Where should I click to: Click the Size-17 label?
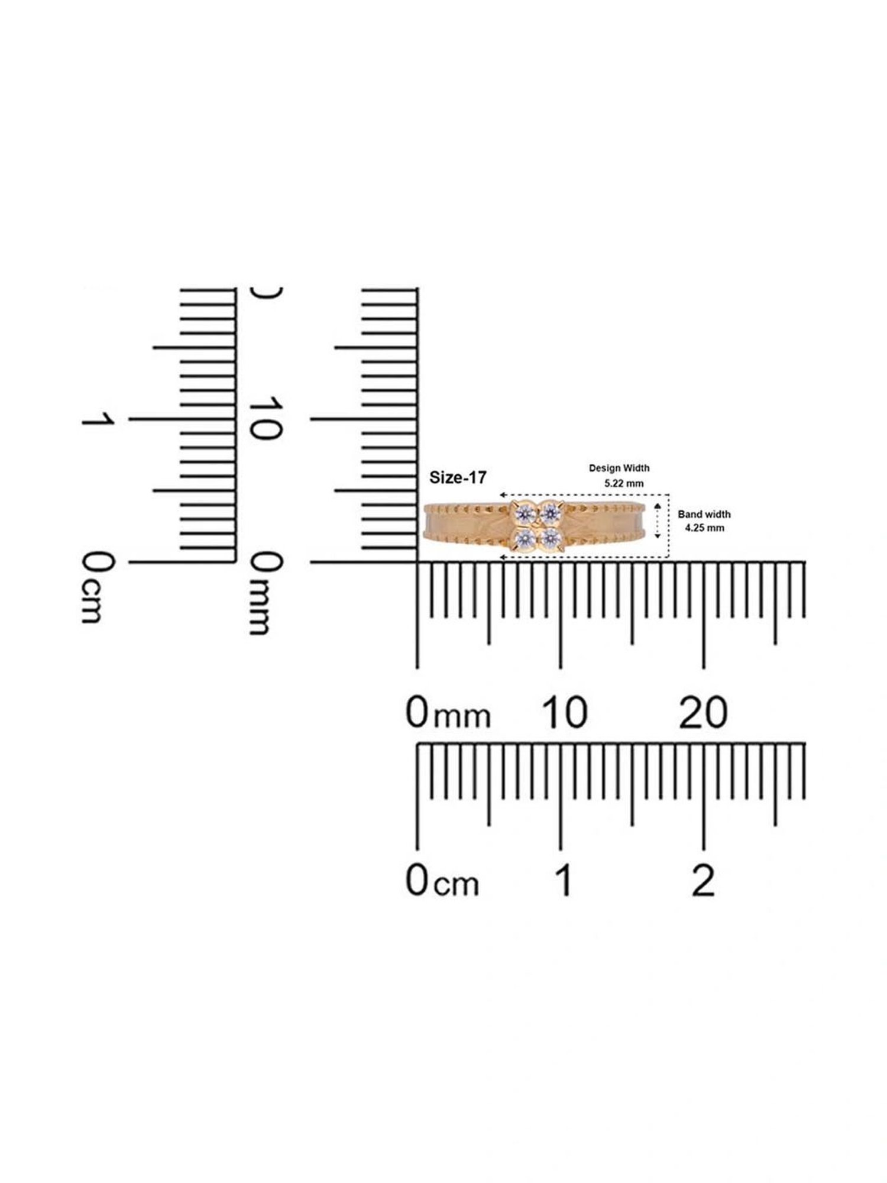click(x=458, y=478)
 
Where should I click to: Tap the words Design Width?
click(x=619, y=468)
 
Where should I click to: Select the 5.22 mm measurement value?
click(x=624, y=483)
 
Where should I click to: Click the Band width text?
click(x=704, y=514)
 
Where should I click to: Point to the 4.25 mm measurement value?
click(x=705, y=528)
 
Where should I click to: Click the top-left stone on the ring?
click(x=524, y=512)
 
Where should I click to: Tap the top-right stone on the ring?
click(x=551, y=512)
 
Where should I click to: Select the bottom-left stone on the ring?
click(x=524, y=538)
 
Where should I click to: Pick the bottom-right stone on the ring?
click(x=551, y=538)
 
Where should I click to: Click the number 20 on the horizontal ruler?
click(x=703, y=712)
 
